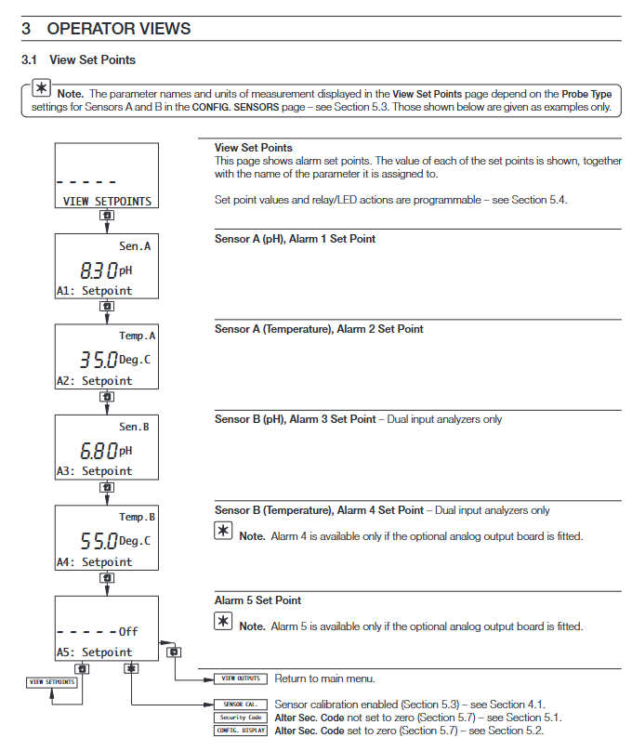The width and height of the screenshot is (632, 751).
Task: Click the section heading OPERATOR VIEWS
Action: click(119, 29)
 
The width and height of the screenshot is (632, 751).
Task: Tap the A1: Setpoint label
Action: click(94, 291)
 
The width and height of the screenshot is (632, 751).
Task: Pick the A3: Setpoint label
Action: click(94, 471)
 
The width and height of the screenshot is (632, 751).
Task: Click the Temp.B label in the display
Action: click(138, 517)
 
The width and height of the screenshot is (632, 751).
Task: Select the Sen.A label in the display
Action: click(135, 246)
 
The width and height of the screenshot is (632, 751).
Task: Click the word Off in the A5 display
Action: click(128, 632)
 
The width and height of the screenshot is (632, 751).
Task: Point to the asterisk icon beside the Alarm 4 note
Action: click(224, 532)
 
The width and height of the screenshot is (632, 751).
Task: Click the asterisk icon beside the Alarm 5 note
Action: click(224, 622)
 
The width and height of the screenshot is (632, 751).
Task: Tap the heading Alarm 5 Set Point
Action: click(257, 600)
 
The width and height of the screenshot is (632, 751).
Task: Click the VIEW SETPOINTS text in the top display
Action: click(107, 201)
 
